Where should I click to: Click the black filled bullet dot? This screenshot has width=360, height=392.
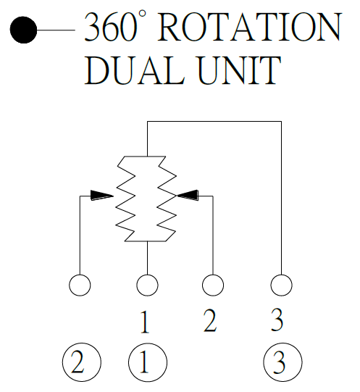(23, 30)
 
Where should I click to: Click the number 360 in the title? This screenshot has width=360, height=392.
(110, 27)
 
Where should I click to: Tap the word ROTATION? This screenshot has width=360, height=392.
(249, 27)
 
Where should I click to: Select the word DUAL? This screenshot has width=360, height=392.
(134, 70)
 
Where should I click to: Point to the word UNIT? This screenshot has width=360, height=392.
(240, 70)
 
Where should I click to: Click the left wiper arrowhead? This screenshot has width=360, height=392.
(101, 195)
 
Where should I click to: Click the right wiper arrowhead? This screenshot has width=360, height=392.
(188, 195)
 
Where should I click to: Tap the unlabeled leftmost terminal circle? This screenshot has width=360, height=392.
(80, 285)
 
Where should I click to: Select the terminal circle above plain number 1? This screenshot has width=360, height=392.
(147, 285)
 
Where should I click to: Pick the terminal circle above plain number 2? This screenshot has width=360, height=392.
(213, 285)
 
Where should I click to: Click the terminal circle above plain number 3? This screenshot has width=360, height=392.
(281, 285)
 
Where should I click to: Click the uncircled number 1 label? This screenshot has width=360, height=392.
(145, 322)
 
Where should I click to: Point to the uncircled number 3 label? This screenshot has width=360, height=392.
(277, 320)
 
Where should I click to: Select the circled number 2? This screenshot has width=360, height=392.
(82, 362)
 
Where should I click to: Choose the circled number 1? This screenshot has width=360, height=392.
(148, 362)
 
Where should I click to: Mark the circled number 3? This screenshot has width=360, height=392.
(282, 362)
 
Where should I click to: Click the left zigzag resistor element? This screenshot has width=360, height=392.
(125, 199)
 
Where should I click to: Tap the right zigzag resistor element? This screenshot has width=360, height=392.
(167, 199)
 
